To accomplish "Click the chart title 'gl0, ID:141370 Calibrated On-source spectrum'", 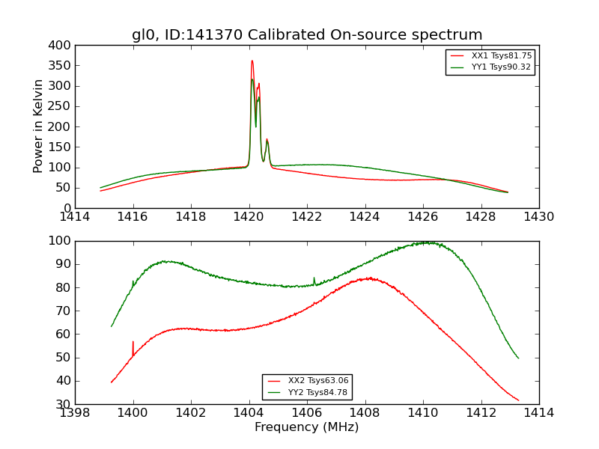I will point(307,35).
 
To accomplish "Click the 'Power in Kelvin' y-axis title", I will point(38,126).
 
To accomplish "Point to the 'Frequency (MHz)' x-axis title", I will point(307,427).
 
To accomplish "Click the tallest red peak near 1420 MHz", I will point(252,61).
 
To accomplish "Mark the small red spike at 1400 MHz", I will point(133,343).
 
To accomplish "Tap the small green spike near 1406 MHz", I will point(314,278).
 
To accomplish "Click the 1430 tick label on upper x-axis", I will point(539,217).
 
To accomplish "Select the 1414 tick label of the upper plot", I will point(76,217).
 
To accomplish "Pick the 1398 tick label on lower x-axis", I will point(76,413).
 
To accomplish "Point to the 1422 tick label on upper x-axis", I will point(307,217).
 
